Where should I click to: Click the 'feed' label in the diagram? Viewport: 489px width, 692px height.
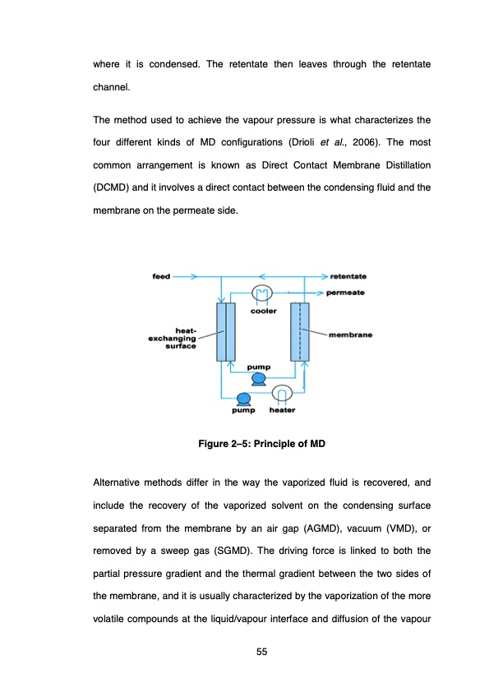pyautogui.click(x=162, y=276)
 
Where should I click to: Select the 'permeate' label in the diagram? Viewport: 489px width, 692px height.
pyautogui.click(x=345, y=292)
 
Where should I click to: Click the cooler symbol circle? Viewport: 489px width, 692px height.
pyautogui.click(x=262, y=293)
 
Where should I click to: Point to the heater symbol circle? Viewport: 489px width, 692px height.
pyautogui.click(x=282, y=394)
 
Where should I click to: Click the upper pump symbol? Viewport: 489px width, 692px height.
pyautogui.click(x=258, y=378)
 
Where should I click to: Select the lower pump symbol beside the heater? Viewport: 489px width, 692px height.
pyautogui.click(x=242, y=399)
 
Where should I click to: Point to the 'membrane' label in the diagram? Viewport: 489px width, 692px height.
pyautogui.click(x=351, y=334)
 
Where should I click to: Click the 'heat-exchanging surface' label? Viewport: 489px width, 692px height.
pyautogui.click(x=172, y=339)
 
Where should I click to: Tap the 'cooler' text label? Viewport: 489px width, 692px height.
pyautogui.click(x=264, y=311)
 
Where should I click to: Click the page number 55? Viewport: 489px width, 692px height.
pyautogui.click(x=262, y=652)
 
